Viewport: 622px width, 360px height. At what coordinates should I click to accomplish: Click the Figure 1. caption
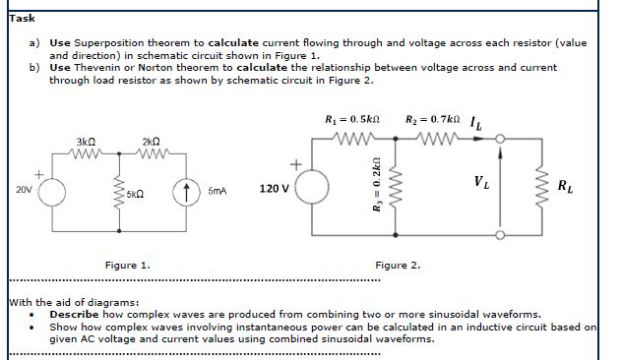click(127, 266)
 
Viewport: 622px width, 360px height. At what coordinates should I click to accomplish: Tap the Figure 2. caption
click(398, 266)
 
